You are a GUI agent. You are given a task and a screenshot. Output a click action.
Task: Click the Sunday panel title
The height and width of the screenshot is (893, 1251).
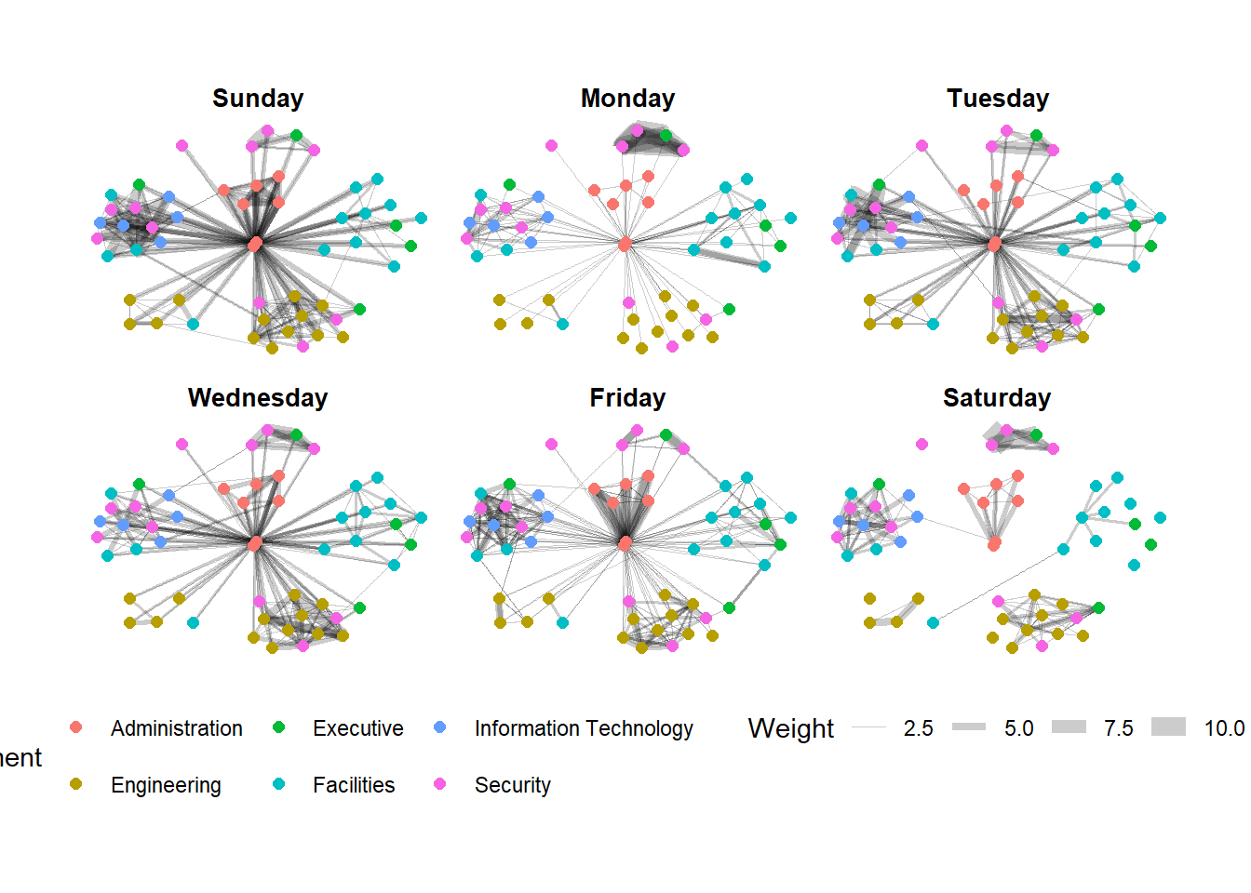point(258,99)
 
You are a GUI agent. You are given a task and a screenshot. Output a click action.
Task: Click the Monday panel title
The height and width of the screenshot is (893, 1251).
point(627,99)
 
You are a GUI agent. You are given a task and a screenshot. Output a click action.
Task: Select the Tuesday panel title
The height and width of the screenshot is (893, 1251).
point(998,99)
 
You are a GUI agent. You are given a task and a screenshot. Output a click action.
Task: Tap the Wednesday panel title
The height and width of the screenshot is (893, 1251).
point(258,398)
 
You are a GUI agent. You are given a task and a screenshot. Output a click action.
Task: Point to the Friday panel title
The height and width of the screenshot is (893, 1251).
point(627,398)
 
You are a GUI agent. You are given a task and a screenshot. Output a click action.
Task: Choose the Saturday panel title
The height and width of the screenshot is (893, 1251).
point(997,398)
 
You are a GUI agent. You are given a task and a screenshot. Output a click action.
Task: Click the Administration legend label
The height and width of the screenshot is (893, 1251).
point(176,728)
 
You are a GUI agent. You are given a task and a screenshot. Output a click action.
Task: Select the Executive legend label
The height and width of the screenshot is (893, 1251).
point(357,728)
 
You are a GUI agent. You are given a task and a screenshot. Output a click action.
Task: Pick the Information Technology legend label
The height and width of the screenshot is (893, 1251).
point(584,728)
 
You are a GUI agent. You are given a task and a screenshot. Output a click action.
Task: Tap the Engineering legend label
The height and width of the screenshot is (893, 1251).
point(166,785)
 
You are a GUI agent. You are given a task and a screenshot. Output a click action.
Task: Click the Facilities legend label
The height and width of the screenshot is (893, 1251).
point(354,785)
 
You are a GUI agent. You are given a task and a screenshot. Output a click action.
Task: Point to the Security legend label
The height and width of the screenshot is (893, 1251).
point(512,785)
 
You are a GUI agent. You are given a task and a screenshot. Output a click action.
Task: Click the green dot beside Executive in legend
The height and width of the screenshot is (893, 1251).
point(278,727)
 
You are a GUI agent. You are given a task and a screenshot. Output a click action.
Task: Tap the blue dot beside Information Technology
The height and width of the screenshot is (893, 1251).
point(440,727)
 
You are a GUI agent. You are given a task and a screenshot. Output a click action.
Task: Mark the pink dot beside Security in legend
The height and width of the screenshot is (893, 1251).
point(440,784)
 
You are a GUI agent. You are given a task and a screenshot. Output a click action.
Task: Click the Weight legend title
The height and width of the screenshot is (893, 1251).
point(790,728)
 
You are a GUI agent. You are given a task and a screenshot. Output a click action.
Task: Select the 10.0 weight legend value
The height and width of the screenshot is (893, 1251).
point(1224,728)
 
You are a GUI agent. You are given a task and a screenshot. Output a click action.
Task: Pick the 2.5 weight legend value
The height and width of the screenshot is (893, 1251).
point(918,728)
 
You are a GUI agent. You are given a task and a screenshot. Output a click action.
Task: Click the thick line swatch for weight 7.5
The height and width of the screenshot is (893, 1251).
point(1069,727)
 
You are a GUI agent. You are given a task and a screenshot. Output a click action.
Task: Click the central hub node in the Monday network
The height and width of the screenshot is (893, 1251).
point(625,244)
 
